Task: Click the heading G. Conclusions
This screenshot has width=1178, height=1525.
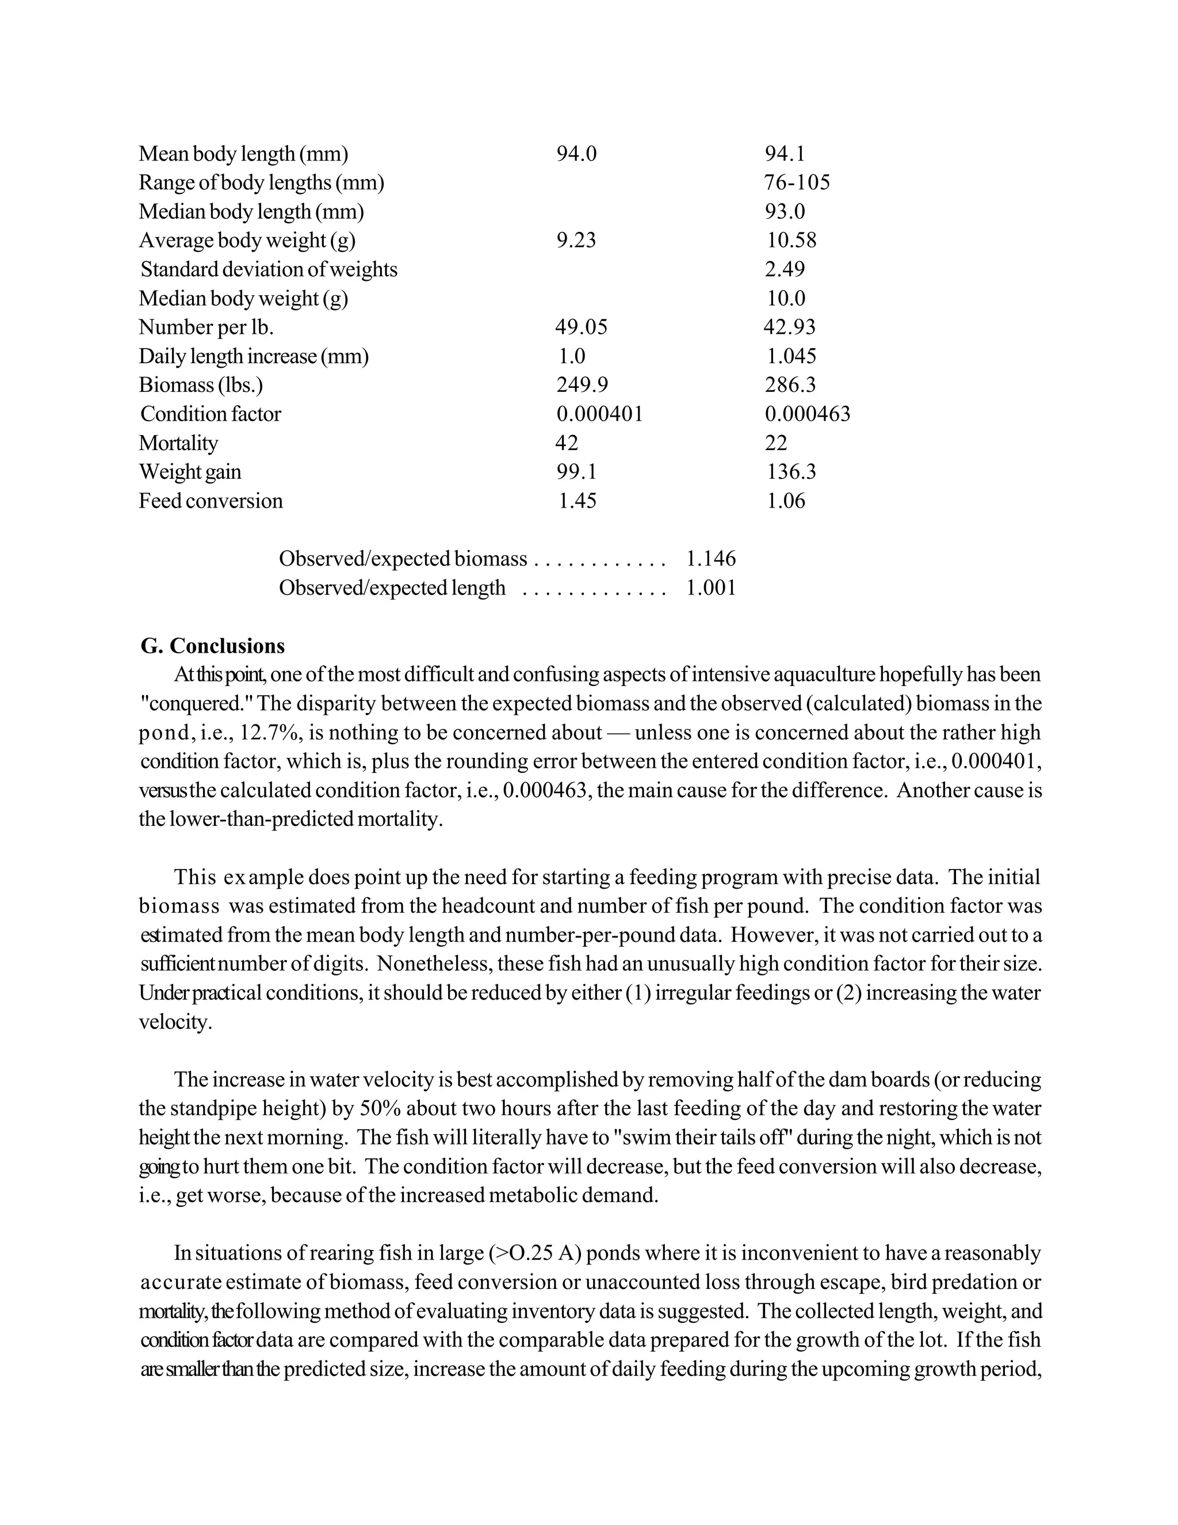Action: click(212, 646)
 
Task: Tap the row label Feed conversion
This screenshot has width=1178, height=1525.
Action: click(210, 501)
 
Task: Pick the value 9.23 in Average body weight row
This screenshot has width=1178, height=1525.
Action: click(576, 241)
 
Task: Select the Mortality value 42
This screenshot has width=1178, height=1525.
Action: click(567, 443)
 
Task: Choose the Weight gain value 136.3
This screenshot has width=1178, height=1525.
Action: click(791, 472)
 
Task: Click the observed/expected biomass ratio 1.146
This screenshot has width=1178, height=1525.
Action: click(710, 559)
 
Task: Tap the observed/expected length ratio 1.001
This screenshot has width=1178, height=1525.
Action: click(710, 589)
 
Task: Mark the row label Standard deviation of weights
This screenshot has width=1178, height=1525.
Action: click(269, 269)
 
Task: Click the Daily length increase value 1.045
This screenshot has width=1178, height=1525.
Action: click(791, 357)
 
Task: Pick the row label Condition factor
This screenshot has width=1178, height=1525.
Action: click(210, 415)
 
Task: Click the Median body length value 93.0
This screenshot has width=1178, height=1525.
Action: click(785, 212)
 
